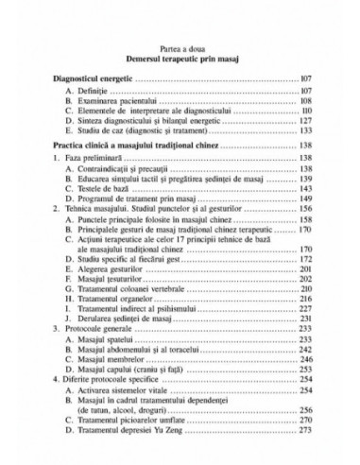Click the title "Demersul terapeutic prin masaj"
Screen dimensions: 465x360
point(179,61)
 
